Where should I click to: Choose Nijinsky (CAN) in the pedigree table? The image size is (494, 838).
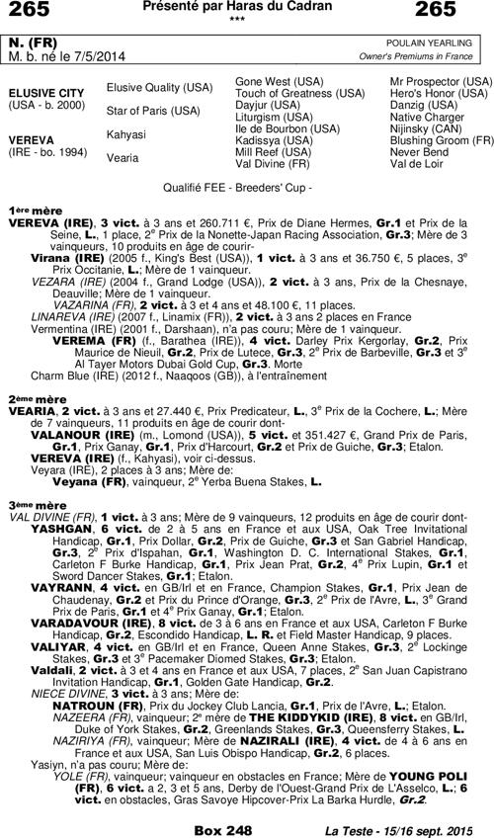tap(426, 128)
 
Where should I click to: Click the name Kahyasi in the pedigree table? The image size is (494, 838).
tap(125, 134)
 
